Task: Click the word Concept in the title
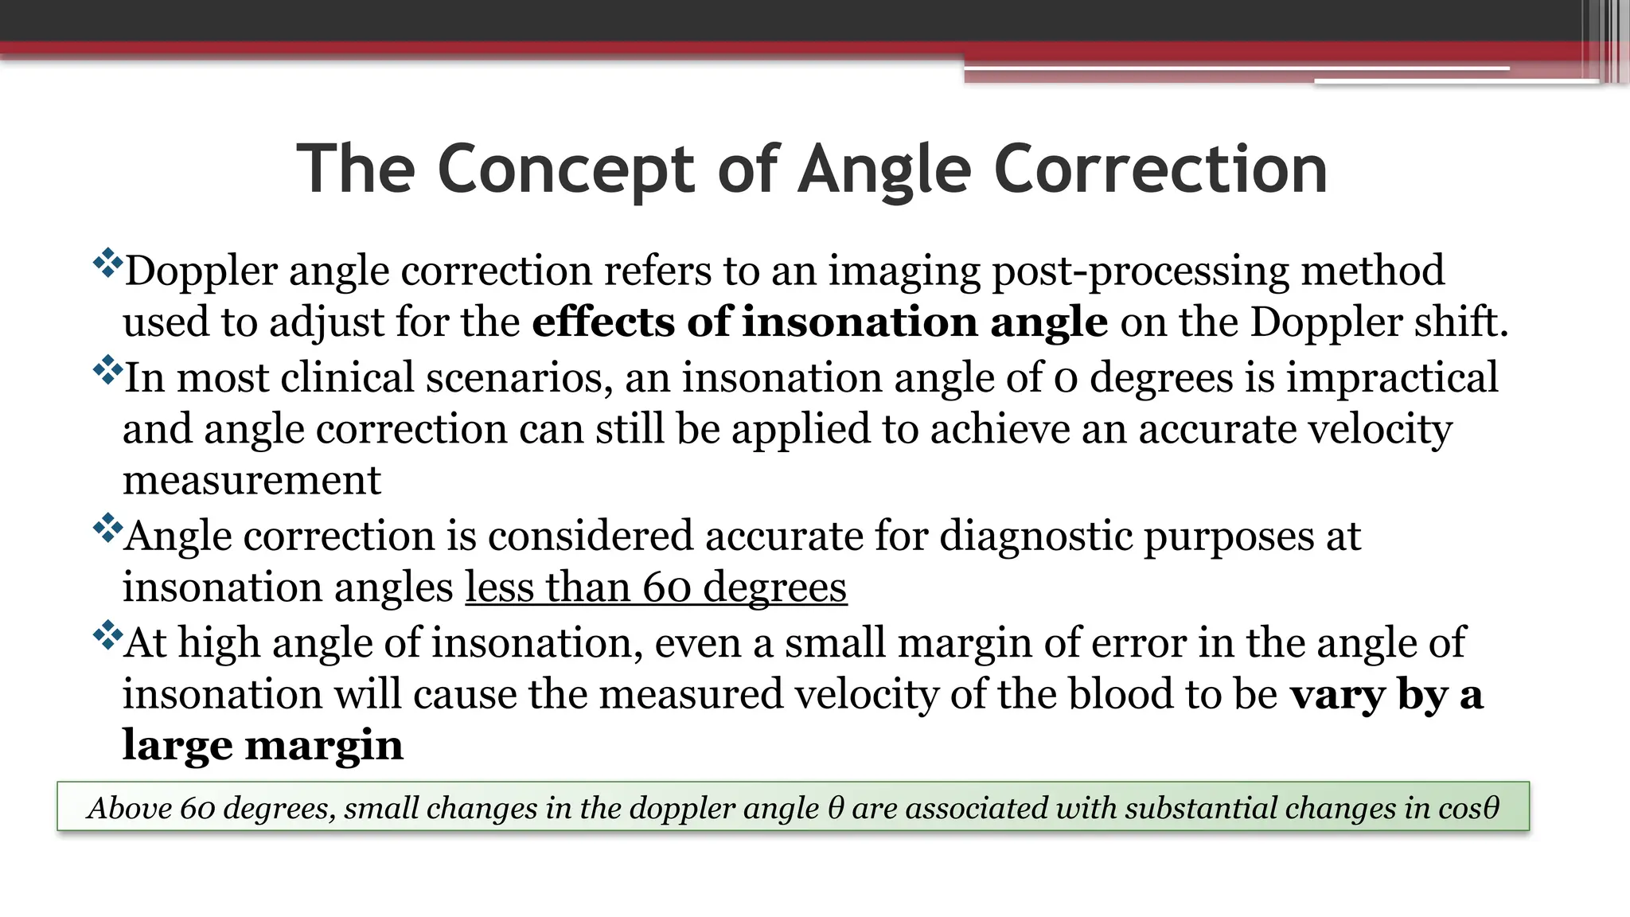point(567,170)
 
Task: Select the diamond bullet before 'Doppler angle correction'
point(107,263)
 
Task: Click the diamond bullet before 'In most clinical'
point(107,370)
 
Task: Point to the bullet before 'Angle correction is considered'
point(107,529)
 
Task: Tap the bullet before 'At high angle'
point(107,635)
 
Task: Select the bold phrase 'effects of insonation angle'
point(820,322)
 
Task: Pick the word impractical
point(1392,378)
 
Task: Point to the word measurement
point(252,481)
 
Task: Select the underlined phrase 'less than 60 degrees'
point(656,588)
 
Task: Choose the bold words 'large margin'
point(263,746)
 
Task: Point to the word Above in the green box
point(129,808)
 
